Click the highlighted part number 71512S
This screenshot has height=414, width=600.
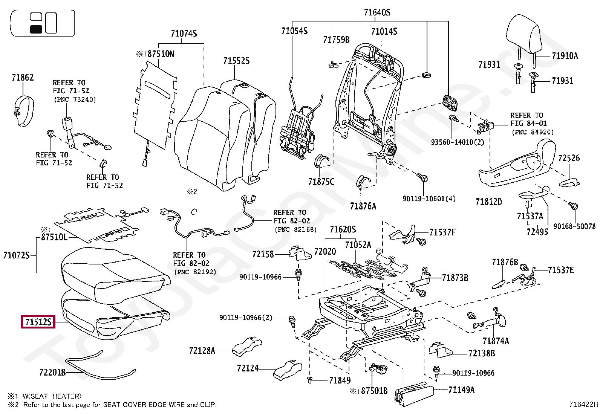tap(38, 322)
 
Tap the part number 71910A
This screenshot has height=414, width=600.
tap(564, 56)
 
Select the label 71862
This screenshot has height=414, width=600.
tap(23, 78)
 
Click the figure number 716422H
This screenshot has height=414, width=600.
tap(583, 405)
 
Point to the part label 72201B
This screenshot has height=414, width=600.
tap(52, 372)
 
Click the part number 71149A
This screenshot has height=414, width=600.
tap(461, 390)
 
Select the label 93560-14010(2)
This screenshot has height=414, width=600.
tap(457, 142)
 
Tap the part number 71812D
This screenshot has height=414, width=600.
tap(488, 202)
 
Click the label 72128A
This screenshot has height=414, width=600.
tap(202, 351)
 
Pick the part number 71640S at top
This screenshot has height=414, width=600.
tap(377, 12)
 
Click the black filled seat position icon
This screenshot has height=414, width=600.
tap(36, 29)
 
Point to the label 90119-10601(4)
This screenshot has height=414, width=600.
tap(429, 199)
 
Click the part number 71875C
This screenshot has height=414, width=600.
tap(321, 182)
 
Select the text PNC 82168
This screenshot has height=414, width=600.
tap(295, 229)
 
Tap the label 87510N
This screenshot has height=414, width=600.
tap(161, 54)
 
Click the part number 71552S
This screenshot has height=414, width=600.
tap(236, 61)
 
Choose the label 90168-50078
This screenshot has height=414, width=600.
tap(574, 226)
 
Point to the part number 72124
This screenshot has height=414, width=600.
tap(248, 368)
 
